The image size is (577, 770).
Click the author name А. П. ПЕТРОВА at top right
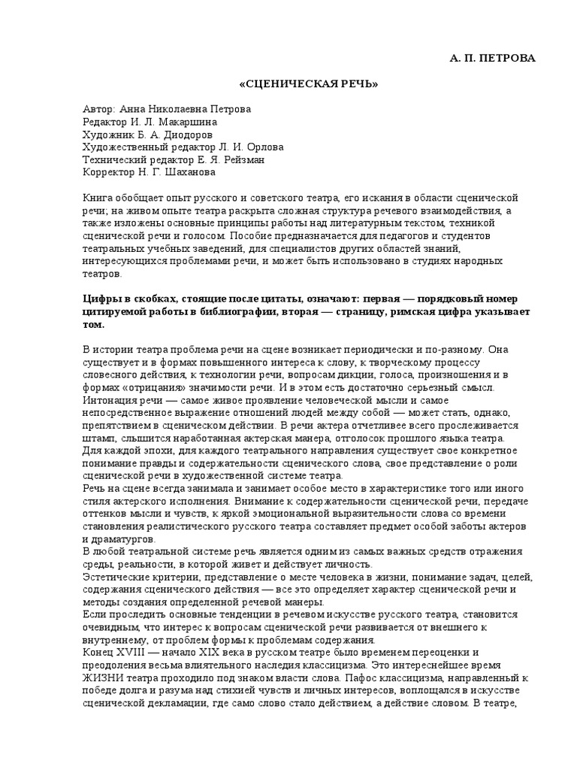pyautogui.click(x=493, y=58)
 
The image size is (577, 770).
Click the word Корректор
pyautogui.click(x=107, y=172)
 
